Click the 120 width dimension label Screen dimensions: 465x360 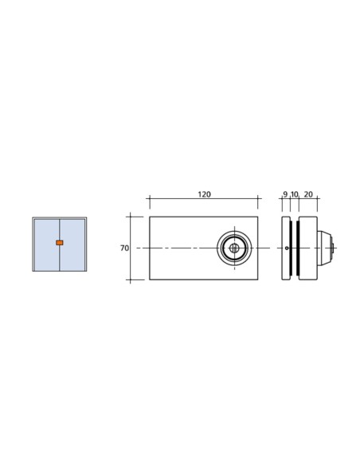point(204,194)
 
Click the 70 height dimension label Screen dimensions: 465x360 point(124,248)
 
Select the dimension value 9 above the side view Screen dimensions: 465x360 point(284,194)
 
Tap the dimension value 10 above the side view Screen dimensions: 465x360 point(294,194)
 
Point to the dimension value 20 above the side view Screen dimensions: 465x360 point(308,194)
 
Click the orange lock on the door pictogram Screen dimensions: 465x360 point(59,242)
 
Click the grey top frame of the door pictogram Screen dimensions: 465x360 point(59,218)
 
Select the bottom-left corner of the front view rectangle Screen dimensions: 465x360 point(149,280)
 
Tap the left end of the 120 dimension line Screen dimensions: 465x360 point(149,199)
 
